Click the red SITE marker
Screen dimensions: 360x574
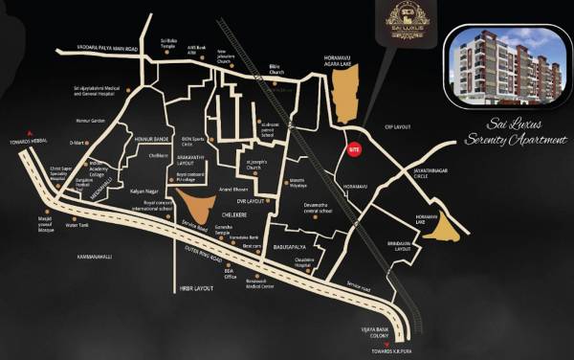coord(354,150)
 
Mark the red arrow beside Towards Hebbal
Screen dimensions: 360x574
coord(31,132)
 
